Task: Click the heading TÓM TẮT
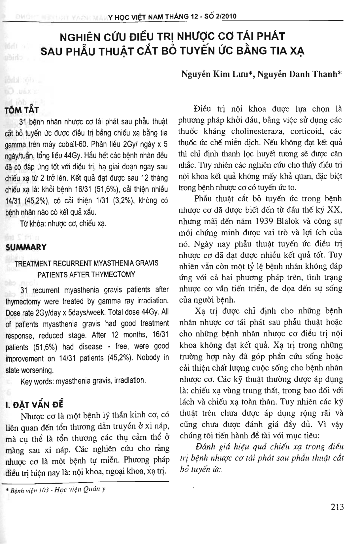[x=22, y=110]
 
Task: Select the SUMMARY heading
[x=26, y=247]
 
